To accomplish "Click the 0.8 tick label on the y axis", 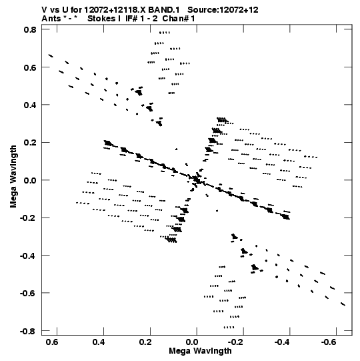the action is point(30,30).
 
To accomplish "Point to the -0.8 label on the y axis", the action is point(28,331).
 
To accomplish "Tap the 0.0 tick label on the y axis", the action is point(30,180).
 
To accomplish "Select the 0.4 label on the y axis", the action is point(30,105).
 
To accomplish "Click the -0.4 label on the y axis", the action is point(28,256).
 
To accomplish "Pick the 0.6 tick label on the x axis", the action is point(52,342).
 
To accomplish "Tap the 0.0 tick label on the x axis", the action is point(191,342).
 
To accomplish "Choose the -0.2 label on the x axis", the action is point(236,342).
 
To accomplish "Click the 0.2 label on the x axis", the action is point(145,342).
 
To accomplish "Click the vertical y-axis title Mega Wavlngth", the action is point(13,177).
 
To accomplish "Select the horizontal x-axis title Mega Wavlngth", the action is point(200,351).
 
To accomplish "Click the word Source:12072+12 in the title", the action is point(223,10).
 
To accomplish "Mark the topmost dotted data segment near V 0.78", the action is point(165,33).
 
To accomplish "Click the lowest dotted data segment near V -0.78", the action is point(229,327).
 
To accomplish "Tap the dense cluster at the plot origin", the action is point(196,179).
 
